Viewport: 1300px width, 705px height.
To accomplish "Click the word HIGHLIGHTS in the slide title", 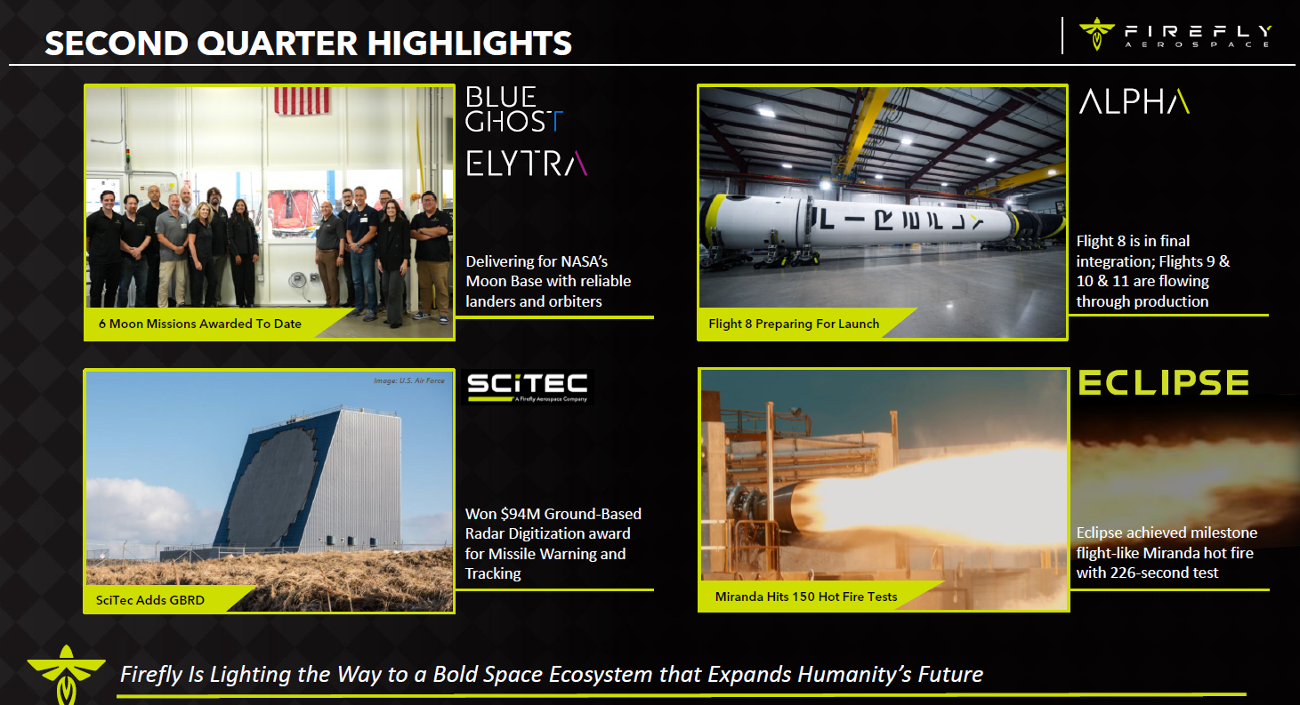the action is tap(469, 44).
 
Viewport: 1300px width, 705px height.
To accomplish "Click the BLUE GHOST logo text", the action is tap(514, 109).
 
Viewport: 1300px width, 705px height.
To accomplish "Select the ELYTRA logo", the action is tap(527, 164).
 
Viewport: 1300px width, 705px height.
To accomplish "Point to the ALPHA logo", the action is tap(1134, 101).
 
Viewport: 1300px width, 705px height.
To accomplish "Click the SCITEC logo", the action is tap(528, 387).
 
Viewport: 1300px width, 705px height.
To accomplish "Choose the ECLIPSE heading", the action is tap(1164, 382).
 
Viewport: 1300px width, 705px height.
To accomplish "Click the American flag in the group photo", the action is tap(302, 100).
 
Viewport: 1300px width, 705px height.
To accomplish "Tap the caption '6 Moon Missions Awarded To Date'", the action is tap(199, 324).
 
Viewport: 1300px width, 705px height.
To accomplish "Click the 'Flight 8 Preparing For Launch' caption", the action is tap(794, 324).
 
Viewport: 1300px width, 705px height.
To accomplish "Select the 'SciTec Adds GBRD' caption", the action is tap(149, 600).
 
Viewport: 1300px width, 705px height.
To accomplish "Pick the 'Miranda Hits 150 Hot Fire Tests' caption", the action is tap(805, 597).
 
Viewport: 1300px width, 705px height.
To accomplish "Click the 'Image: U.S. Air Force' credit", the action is tap(408, 381).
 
